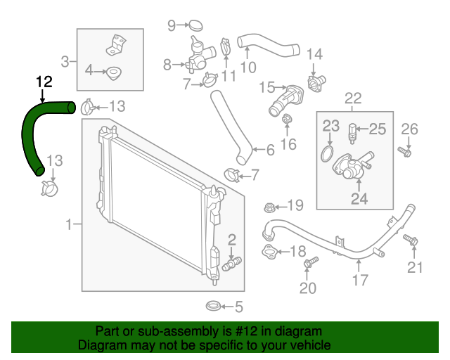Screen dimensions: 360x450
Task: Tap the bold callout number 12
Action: pos(44,82)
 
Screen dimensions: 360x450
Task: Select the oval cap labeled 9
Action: pos(196,27)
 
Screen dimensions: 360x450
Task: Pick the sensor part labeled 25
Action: pos(354,129)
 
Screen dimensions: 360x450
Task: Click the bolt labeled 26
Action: pos(404,150)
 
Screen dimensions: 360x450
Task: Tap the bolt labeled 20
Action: pos(307,264)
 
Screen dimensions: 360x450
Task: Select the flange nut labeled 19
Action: pos(269,207)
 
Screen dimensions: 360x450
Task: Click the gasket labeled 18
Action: pos(270,251)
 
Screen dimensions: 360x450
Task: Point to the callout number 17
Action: pos(360,281)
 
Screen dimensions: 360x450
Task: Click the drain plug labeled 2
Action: pos(232,264)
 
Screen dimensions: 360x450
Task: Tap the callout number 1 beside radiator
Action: pos(69,225)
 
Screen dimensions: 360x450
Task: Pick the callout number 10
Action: pos(247,67)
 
